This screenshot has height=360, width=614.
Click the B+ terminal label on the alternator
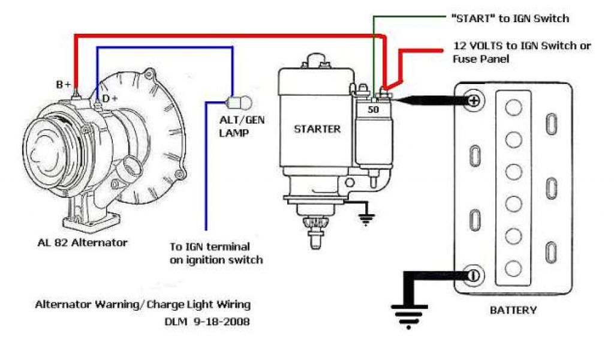pyautogui.click(x=64, y=85)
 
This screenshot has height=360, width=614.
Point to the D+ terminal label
pyautogui.click(x=109, y=98)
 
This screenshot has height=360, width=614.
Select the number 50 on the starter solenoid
pyautogui.click(x=373, y=110)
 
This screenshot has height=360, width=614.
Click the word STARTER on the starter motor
pyautogui.click(x=317, y=129)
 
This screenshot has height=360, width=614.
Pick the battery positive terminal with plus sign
pyautogui.click(x=473, y=100)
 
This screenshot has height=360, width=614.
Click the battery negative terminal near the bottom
pyautogui.click(x=473, y=275)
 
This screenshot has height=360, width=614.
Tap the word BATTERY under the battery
pyautogui.click(x=513, y=310)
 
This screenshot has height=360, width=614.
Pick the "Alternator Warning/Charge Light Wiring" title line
pyautogui.click(x=142, y=304)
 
